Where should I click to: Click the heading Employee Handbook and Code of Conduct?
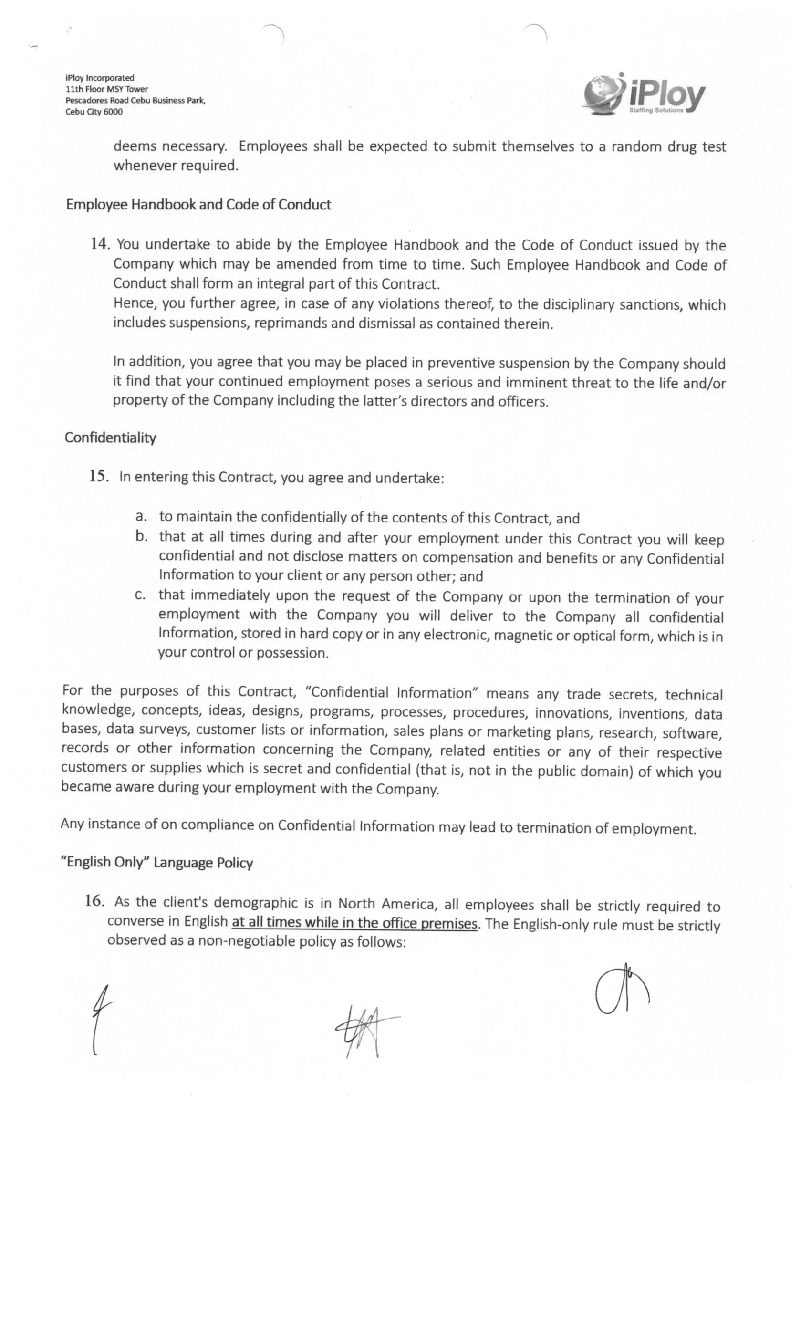[198, 204]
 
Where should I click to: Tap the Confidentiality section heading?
[111, 438]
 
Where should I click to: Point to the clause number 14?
[100, 244]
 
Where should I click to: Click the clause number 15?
[99, 477]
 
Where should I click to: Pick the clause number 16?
[94, 901]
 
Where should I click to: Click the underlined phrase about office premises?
[354, 922]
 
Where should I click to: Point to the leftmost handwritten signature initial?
[101, 1019]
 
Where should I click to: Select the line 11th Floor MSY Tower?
[106, 89]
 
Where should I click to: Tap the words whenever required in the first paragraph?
[176, 166]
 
